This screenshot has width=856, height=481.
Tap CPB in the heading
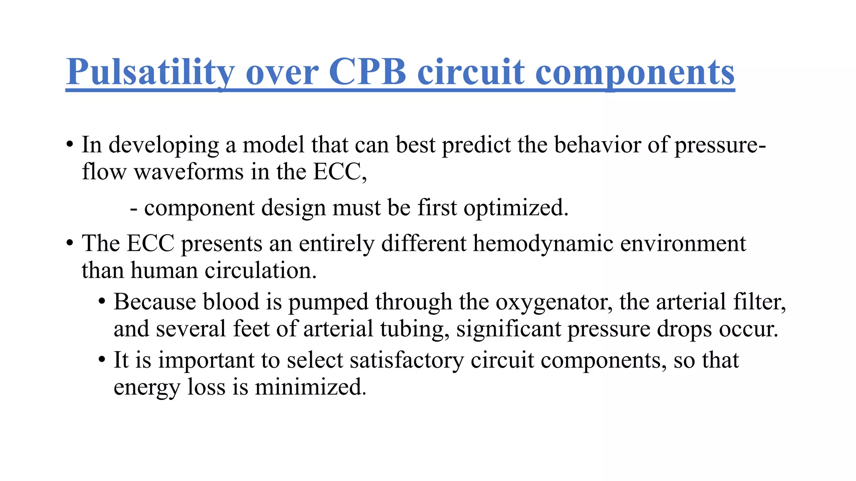[x=367, y=72]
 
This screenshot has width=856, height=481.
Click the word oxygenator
[x=554, y=302]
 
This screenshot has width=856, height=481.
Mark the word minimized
[x=311, y=387]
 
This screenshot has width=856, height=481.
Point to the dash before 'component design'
[x=134, y=208]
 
